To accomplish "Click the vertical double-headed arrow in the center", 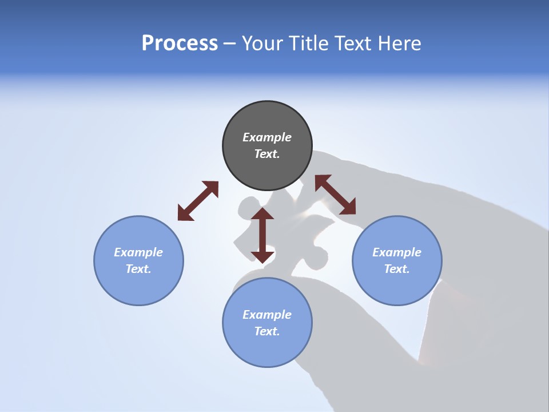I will pyautogui.click(x=262, y=235).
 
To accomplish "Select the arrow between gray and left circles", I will pyautogui.click(x=198, y=201).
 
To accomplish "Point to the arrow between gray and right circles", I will pyautogui.click(x=335, y=195).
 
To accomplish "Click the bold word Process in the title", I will pyautogui.click(x=180, y=43).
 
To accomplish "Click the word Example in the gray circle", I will pyautogui.click(x=267, y=137).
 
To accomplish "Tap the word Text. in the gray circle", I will pyautogui.click(x=267, y=154).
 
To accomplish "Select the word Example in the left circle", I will pyautogui.click(x=138, y=252).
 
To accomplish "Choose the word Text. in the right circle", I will pyautogui.click(x=397, y=269).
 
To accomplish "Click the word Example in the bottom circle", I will pyautogui.click(x=267, y=315).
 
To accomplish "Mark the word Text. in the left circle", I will pyautogui.click(x=138, y=269).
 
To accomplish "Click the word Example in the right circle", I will pyautogui.click(x=397, y=252).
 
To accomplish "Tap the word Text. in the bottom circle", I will pyautogui.click(x=267, y=331).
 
